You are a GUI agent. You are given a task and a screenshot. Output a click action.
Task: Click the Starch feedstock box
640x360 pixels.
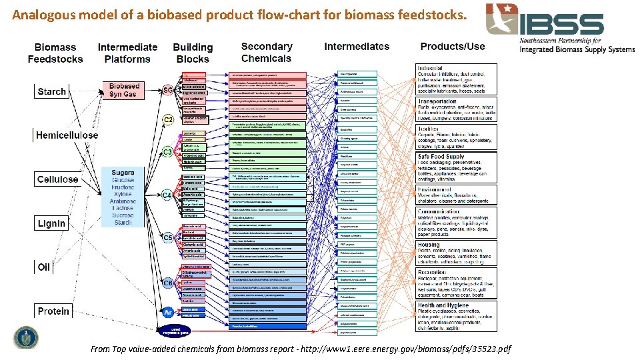pyautogui.click(x=51, y=91)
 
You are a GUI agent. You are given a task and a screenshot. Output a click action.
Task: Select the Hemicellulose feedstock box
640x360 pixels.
pyautogui.click(x=67, y=135)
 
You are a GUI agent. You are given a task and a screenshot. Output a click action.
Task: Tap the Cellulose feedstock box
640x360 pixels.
pyautogui.click(x=57, y=179)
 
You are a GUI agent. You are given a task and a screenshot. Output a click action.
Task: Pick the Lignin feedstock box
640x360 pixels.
pyautogui.click(x=51, y=223)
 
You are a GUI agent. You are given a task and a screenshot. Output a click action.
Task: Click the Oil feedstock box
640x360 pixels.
pyautogui.click(x=44, y=267)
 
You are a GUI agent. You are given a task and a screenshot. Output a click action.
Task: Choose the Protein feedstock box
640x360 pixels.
pyautogui.click(x=53, y=311)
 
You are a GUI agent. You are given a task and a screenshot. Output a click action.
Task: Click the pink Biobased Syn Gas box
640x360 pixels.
pyautogui.click(x=124, y=90)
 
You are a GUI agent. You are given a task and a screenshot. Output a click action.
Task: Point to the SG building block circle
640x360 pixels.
pyautogui.click(x=168, y=91)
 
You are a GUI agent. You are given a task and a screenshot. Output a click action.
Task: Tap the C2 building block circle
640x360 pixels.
pyautogui.click(x=169, y=120)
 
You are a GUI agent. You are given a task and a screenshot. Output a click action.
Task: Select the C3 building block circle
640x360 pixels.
pyautogui.click(x=169, y=152)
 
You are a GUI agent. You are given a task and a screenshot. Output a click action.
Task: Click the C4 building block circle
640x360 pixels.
pyautogui.click(x=169, y=195)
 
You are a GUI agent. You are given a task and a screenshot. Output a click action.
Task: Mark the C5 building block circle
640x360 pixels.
pyautogui.click(x=169, y=237)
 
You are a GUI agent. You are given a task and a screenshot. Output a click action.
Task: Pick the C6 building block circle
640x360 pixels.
pyautogui.click(x=169, y=283)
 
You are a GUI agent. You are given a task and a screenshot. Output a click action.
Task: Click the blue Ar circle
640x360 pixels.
pyautogui.click(x=169, y=311)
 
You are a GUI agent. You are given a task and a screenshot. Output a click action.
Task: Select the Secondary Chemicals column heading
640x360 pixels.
pyautogui.click(x=267, y=51)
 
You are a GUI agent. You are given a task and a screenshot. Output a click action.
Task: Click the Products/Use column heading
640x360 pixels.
pyautogui.click(x=453, y=47)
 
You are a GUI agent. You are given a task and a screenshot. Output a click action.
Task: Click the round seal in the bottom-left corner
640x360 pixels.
pyautogui.click(x=27, y=337)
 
